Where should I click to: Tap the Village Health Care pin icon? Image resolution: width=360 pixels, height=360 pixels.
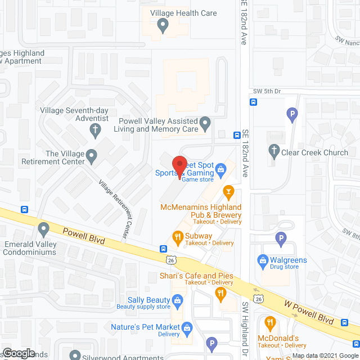(163, 24)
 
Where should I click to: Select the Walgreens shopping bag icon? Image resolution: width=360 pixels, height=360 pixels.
(262, 260)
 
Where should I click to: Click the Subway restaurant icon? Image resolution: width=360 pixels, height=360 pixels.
(177, 237)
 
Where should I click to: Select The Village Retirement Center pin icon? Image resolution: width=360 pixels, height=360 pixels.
(93, 160)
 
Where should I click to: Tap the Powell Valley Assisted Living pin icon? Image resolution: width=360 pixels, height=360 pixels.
(206, 122)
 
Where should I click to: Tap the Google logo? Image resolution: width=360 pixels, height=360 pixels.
(18, 353)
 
